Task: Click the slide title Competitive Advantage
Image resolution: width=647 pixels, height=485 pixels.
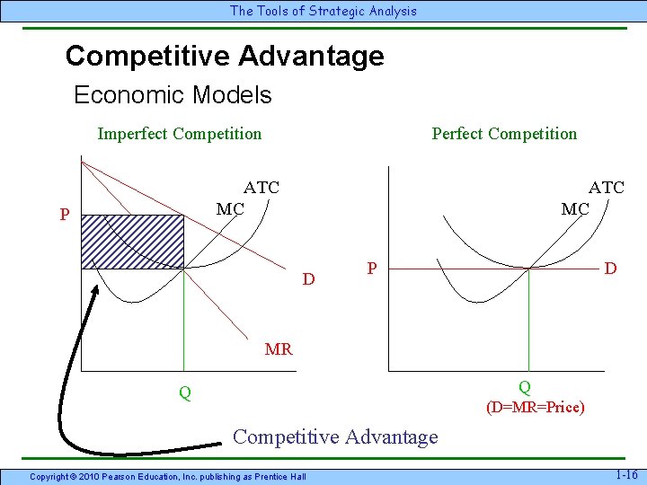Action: [225, 57]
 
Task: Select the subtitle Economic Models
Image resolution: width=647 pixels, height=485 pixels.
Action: [173, 95]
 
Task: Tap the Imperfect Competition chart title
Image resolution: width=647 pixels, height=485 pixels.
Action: [180, 134]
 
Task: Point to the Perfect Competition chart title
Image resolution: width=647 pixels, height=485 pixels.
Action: [504, 134]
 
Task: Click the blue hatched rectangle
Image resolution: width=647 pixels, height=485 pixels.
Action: [132, 241]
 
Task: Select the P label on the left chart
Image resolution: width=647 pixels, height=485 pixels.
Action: [65, 216]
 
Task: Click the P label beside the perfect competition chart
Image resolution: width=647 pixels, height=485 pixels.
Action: [371, 269]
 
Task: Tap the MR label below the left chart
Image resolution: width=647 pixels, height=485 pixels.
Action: [279, 349]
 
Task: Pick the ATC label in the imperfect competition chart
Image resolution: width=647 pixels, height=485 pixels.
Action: [261, 188]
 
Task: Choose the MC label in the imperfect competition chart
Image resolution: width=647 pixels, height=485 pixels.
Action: [230, 209]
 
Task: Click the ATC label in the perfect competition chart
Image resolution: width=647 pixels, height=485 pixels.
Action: [606, 188]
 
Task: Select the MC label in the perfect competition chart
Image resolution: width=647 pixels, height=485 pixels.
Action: [575, 209]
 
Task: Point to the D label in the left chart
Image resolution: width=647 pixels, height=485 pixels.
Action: [308, 279]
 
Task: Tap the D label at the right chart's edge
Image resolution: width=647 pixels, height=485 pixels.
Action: [610, 269]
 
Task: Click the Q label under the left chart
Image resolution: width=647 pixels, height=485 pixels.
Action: [184, 392]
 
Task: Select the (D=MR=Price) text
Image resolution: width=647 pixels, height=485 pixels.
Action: [536, 408]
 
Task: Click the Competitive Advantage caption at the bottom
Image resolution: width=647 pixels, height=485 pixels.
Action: [335, 437]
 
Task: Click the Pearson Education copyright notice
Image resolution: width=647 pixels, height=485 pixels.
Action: [168, 475]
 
